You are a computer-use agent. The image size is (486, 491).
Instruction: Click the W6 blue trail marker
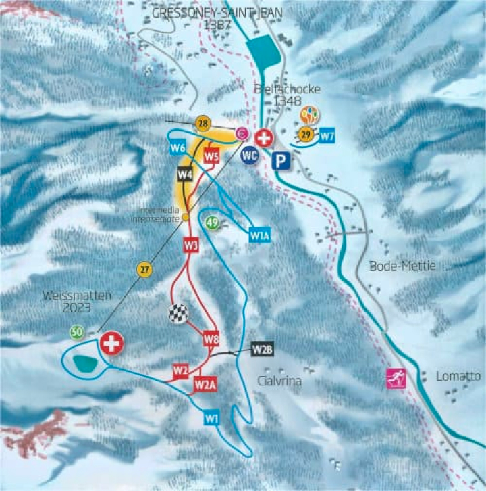178,148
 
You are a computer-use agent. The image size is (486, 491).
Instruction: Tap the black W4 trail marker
185,174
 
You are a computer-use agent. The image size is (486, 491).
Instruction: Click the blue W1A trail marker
259,235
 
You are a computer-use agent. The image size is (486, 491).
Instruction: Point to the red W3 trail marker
191,245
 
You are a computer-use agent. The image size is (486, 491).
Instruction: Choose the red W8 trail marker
211,337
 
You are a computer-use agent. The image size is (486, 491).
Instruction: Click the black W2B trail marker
263,349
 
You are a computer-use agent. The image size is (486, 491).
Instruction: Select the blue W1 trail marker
212,418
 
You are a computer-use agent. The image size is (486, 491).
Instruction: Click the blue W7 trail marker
327,136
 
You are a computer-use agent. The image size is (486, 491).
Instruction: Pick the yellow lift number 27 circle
144,270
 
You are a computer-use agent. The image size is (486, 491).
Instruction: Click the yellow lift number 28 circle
202,123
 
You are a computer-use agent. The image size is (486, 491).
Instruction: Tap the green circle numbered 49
213,223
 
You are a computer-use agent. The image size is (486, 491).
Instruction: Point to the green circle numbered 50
77,332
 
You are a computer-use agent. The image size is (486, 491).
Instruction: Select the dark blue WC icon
250,155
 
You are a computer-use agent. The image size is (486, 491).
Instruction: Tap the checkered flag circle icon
177,314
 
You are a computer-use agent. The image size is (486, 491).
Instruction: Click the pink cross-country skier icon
394,379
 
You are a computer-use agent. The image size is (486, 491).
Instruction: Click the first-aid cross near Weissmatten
111,344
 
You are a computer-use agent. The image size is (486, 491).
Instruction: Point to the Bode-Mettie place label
394,266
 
